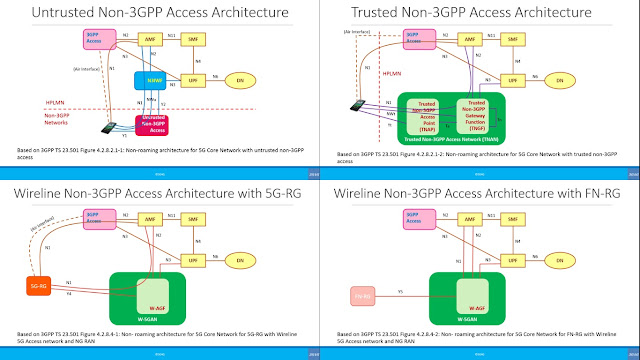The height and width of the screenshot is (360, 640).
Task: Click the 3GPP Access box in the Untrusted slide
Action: [95, 40]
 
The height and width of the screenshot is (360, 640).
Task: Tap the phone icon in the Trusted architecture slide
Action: [357, 103]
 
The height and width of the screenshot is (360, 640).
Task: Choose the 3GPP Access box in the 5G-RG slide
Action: [95, 219]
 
